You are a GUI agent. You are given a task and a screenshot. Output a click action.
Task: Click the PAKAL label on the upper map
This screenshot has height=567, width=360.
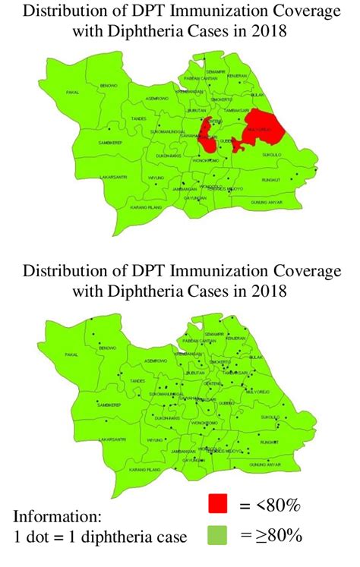click(73, 93)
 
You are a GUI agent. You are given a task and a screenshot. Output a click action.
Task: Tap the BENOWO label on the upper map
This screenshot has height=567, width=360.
click(109, 86)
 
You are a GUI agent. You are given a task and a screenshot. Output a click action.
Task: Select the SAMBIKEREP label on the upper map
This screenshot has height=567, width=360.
click(111, 142)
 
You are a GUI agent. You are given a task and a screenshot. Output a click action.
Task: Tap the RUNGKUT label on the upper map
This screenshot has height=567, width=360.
click(270, 179)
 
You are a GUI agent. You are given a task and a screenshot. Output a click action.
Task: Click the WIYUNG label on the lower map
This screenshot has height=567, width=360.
click(156, 440)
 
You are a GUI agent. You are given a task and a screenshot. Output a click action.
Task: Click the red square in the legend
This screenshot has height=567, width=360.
click(219, 503)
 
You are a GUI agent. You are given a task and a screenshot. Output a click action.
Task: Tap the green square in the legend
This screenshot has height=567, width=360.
click(219, 535)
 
